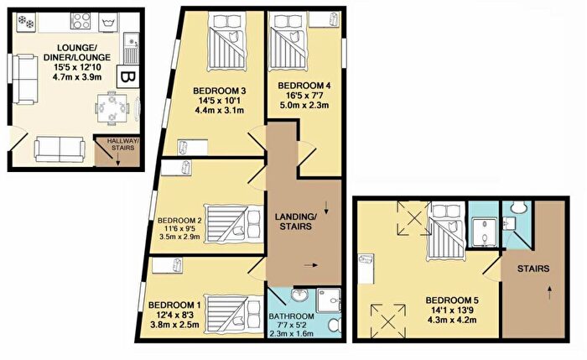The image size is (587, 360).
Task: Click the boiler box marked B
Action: coord(128,77)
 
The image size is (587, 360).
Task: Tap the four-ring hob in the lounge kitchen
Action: coord(81,21)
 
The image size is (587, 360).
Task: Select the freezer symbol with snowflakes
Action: coord(26,22)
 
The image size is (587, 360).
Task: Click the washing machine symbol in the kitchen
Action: coord(108,23)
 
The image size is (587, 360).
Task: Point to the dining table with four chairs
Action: coord(112,108)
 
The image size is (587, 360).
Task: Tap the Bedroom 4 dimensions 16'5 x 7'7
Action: coord(304,96)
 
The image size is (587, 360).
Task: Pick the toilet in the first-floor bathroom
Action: coord(334,325)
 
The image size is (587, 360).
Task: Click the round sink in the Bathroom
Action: coord(300,295)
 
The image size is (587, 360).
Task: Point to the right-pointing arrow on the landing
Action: coord(311,265)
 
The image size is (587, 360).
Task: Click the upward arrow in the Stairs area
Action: coord(549,293)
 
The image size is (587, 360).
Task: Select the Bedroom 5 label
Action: coord(452,300)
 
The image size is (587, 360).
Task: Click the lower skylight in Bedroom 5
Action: coord(388,321)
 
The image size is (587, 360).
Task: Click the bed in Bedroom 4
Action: coord(289,42)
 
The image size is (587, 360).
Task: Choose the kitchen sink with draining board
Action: coord(131,48)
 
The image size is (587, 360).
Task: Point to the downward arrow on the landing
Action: coord(326,207)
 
